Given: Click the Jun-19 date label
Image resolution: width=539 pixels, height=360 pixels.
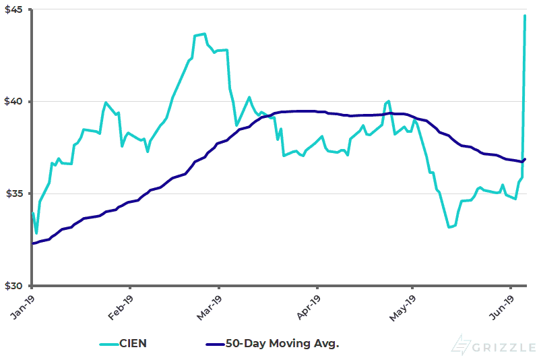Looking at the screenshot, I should point(503,304).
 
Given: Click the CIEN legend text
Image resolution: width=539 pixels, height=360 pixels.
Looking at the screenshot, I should point(132,344).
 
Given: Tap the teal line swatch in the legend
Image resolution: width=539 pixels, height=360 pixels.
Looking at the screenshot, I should point(106,344).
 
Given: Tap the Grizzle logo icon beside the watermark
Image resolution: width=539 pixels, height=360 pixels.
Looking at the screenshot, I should point(462,344).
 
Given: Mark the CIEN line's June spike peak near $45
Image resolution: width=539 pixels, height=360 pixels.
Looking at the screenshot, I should point(525,16).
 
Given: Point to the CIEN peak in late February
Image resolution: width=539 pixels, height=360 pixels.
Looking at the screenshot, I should point(204,34).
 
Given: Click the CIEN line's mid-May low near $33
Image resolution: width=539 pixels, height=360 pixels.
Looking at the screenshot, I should point(449,227).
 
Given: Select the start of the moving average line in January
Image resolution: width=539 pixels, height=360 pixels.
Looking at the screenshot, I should point(32,243).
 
